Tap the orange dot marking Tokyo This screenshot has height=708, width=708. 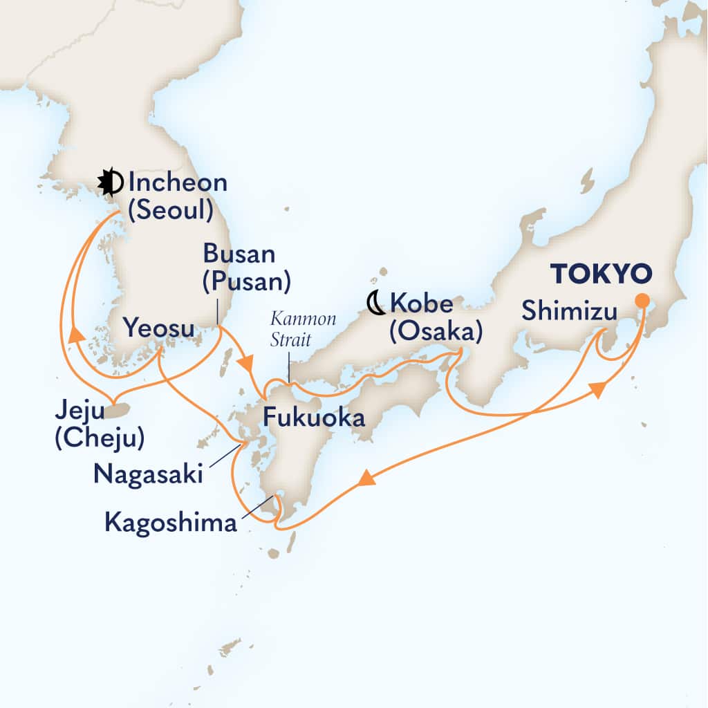point(642,301)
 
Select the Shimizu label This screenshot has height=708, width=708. point(569,311)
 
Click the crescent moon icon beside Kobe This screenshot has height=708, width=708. point(375,302)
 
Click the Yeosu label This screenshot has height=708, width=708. point(158,326)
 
